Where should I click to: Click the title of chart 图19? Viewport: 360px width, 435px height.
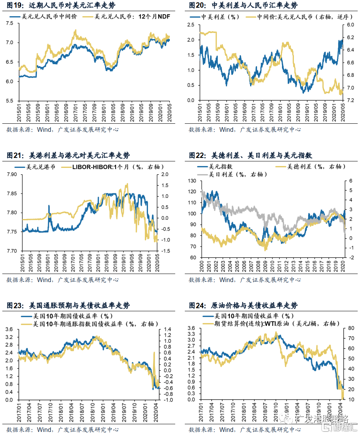(x=61, y=6)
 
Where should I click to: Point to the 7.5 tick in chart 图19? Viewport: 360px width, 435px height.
(x=11, y=23)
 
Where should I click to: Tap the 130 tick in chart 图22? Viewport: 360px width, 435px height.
(x=191, y=181)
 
